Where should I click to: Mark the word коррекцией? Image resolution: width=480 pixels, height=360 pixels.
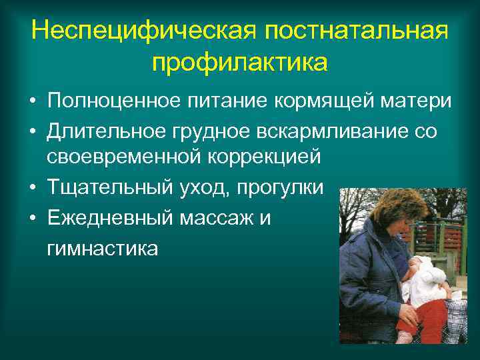tap(265, 158)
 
